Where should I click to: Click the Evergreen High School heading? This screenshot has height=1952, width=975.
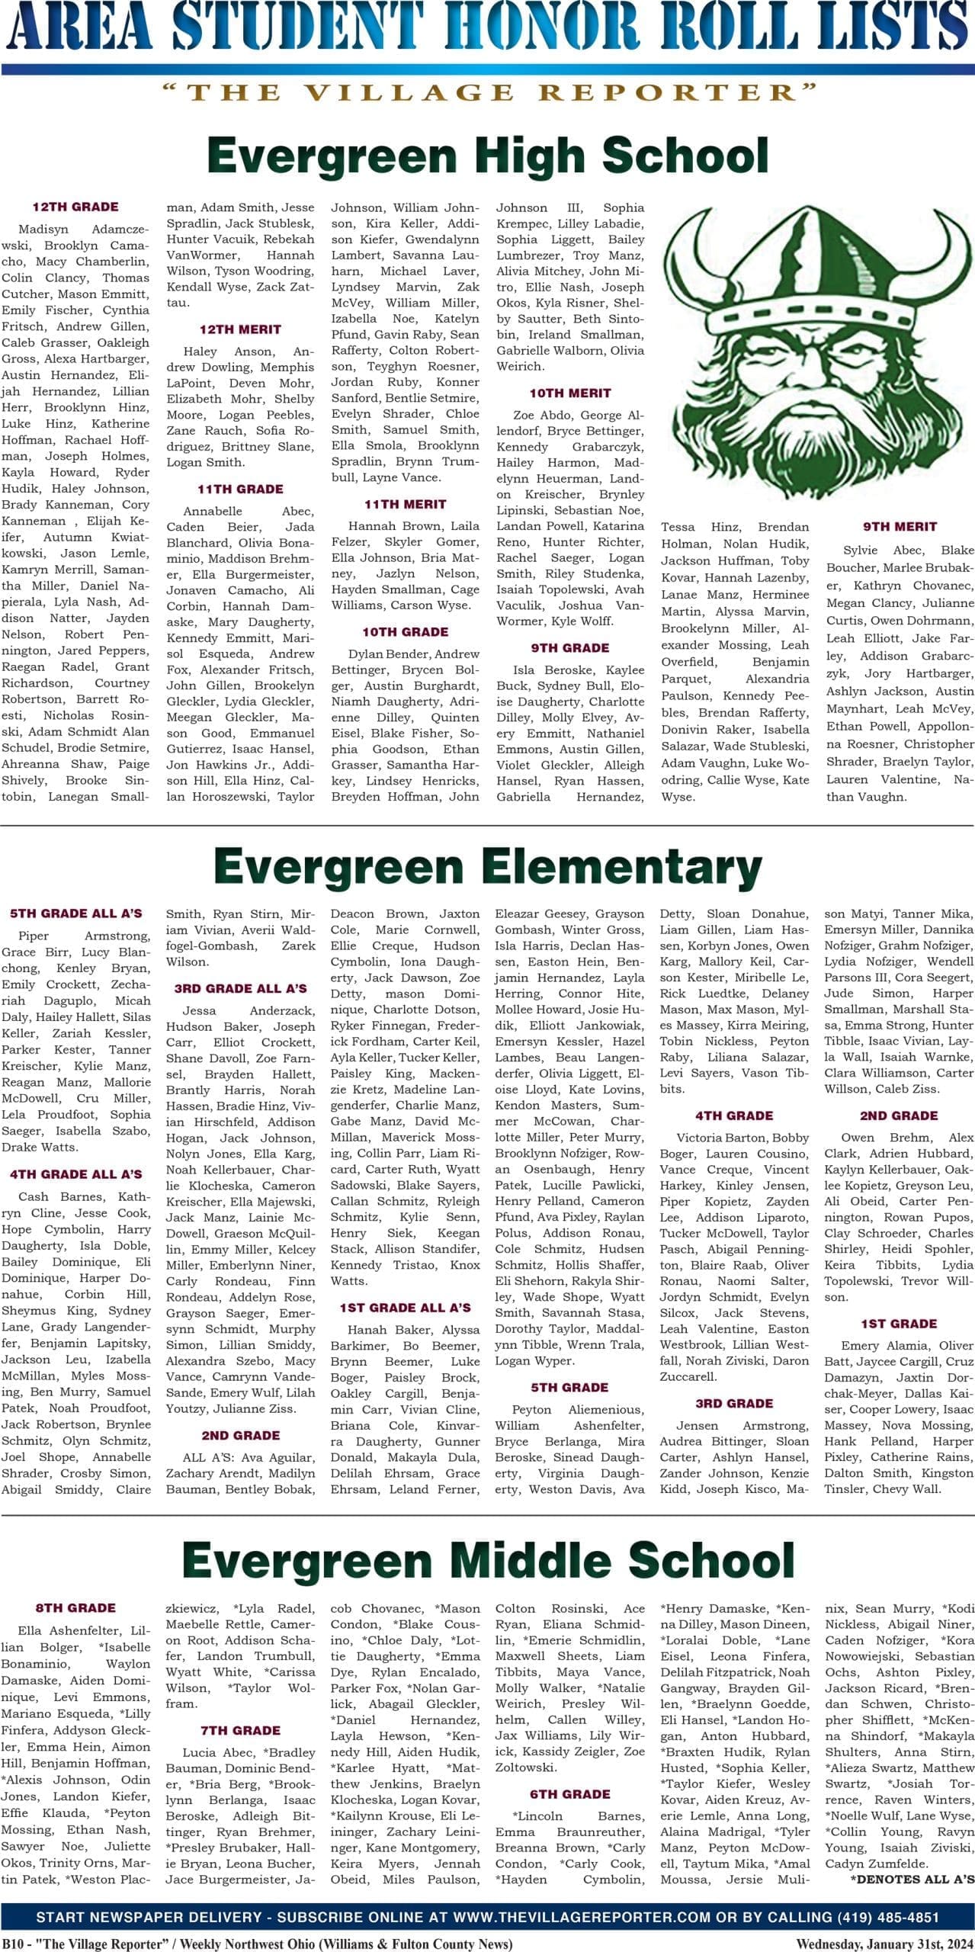[x=487, y=155]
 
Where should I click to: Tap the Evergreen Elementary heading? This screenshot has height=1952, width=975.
[x=487, y=867]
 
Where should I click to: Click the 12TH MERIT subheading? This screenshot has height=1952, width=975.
[x=240, y=329]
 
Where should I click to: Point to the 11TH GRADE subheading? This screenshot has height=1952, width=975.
[x=240, y=489]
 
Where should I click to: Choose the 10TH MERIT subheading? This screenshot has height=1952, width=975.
[x=570, y=393]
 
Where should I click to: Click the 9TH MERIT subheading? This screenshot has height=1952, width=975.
[x=900, y=527]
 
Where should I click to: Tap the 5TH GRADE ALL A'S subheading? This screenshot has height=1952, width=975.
[x=75, y=913]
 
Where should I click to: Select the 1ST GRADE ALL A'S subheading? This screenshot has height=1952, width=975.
[x=405, y=1308]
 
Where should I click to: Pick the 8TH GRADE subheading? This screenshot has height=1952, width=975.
[x=75, y=1608]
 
